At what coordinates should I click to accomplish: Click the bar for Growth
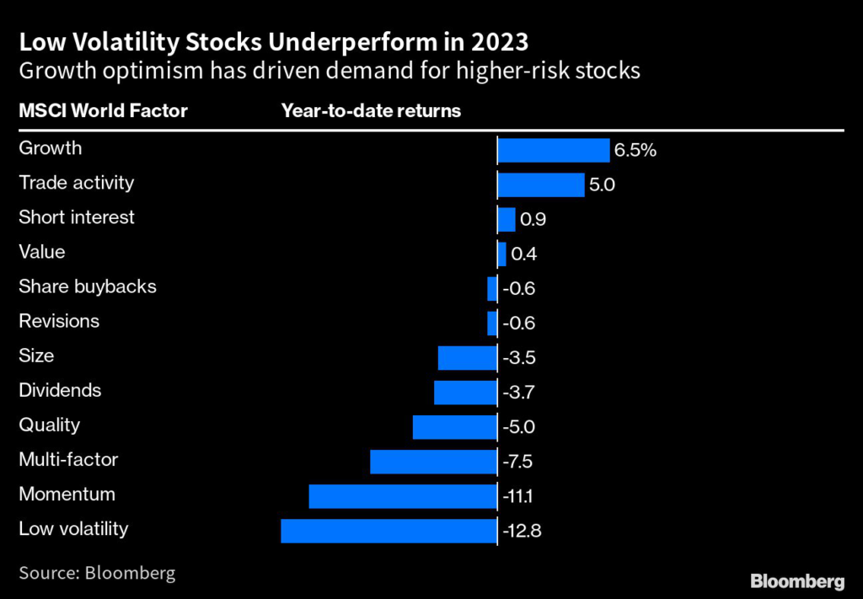[553, 150]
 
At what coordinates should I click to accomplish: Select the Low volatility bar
[389, 531]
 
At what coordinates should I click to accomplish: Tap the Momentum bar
[403, 496]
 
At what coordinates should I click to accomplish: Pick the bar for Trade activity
[540, 185]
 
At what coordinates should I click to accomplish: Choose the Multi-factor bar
[433, 462]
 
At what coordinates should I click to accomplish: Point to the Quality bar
[454, 427]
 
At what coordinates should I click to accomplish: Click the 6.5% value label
[635, 151]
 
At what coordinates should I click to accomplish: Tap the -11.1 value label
[518, 497]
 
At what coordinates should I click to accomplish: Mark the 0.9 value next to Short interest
[533, 220]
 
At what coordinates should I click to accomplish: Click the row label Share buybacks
[88, 286]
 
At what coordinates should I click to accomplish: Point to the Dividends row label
[60, 390]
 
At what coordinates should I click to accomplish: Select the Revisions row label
[59, 321]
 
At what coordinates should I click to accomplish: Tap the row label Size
[36, 356]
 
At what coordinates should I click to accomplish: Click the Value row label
[41, 252]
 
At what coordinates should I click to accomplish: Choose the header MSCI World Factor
[103, 111]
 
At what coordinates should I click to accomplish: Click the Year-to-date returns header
[371, 111]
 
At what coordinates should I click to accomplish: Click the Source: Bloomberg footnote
[97, 574]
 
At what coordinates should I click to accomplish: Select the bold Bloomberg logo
[796, 581]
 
